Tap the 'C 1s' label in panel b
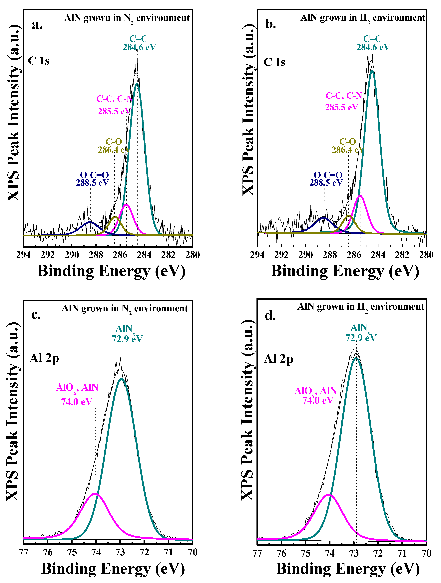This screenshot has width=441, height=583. tap(274, 62)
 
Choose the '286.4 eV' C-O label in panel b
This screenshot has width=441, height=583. tap(348, 150)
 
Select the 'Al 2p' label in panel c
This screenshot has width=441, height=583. tap(44, 358)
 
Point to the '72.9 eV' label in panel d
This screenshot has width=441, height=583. tap(361, 338)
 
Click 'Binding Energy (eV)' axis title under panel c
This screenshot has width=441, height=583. tap(113, 569)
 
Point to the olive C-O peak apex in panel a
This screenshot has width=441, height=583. tap(115, 217)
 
